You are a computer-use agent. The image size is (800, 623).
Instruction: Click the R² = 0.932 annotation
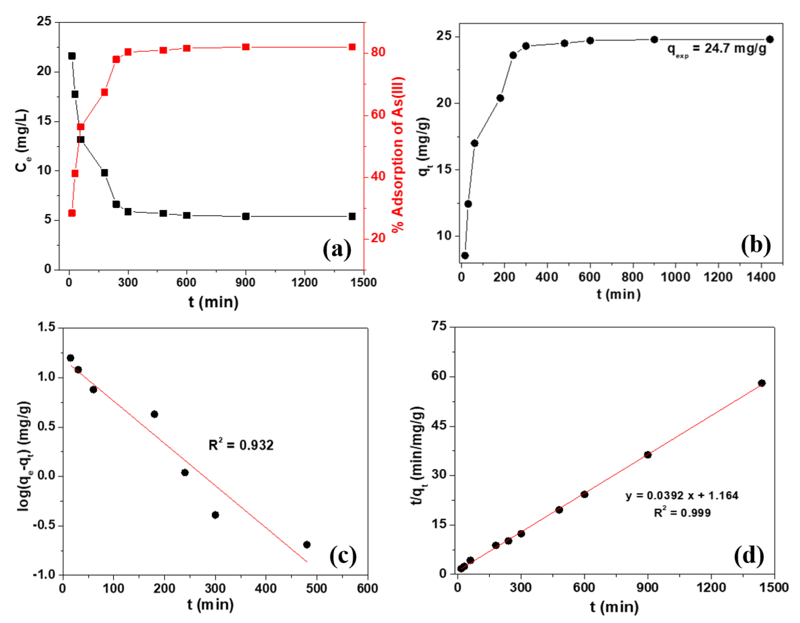(x=241, y=445)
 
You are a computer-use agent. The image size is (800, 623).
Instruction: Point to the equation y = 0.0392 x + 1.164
(x=682, y=496)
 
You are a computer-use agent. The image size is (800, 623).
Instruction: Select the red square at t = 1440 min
(x=352, y=47)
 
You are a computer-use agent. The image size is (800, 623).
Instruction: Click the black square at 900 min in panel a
(x=246, y=216)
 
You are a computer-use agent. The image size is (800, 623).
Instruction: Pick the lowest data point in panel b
(x=465, y=255)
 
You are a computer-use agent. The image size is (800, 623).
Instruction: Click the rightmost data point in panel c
(x=307, y=545)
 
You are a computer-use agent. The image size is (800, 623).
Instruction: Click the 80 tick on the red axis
(x=378, y=52)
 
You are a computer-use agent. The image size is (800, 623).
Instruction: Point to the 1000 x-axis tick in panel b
(x=675, y=277)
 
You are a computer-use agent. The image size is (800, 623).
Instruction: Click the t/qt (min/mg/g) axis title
(x=418, y=456)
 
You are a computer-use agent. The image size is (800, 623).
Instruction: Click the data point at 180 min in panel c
(x=154, y=414)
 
